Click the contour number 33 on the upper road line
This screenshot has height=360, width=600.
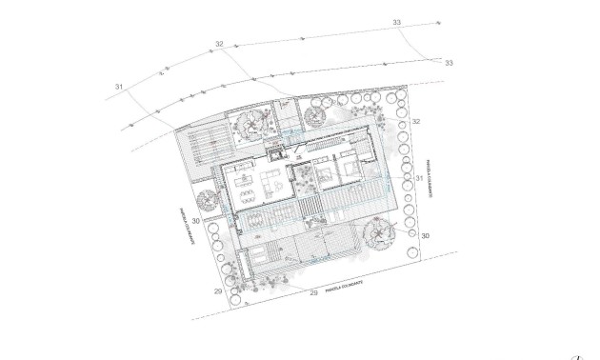[x=396, y=21]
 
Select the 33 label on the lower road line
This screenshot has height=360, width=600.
[x=449, y=63]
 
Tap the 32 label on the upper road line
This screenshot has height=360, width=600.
[x=220, y=44]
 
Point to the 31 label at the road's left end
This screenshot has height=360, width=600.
[x=119, y=88]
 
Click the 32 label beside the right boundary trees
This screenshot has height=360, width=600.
[x=415, y=122]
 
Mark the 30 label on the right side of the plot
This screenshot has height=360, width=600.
[x=425, y=234]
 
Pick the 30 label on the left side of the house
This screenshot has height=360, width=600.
[x=194, y=221]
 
